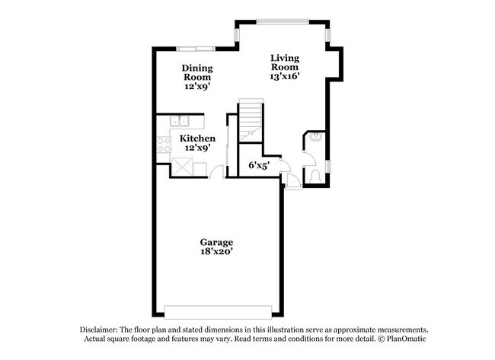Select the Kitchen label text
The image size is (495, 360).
pos(197,139)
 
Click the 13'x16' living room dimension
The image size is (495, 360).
pos(285,77)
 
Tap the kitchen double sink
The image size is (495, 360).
pos(181,120)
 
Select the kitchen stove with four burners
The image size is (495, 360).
pos(164,145)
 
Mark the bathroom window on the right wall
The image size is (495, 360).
pos(328,166)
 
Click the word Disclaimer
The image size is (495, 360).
pos(101,329)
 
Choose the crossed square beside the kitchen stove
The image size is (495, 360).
pos(184,166)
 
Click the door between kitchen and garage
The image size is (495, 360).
pos(218,174)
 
